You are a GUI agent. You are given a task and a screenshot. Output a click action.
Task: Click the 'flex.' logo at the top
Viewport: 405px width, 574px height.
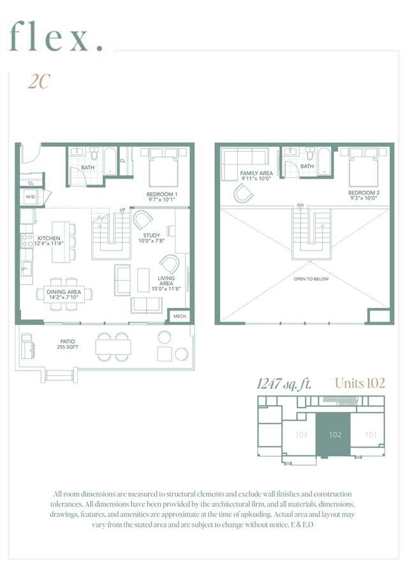click(57, 36)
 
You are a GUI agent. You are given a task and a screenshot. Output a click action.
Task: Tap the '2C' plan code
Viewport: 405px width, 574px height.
click(39, 82)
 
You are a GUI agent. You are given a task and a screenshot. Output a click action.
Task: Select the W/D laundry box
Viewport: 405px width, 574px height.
click(30, 197)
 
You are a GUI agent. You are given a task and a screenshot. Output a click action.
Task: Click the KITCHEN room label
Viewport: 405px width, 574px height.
click(48, 240)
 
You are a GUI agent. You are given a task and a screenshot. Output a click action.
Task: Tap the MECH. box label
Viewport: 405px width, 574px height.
click(180, 316)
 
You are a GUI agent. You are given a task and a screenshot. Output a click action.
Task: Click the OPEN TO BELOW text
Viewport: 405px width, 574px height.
click(312, 279)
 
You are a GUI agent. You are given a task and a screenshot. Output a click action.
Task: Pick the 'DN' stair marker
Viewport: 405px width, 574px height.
click(300, 205)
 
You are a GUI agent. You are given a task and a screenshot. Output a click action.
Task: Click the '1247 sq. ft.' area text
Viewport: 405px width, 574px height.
click(284, 383)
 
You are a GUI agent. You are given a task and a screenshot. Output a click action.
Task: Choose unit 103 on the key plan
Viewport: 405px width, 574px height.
click(301, 434)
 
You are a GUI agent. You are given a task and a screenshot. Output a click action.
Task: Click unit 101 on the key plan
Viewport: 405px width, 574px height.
click(370, 434)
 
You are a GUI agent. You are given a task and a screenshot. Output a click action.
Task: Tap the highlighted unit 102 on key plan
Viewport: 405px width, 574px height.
click(335, 434)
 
